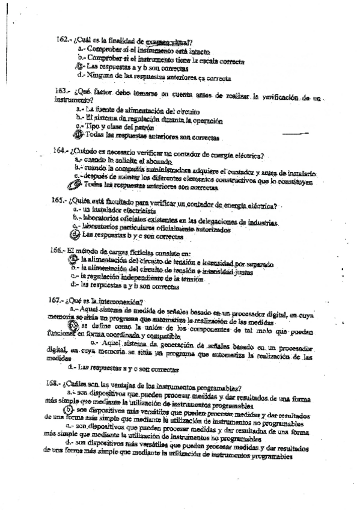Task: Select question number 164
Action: click(61, 150)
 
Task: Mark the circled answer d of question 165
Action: click(75, 235)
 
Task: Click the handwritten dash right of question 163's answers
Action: click(310, 132)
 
